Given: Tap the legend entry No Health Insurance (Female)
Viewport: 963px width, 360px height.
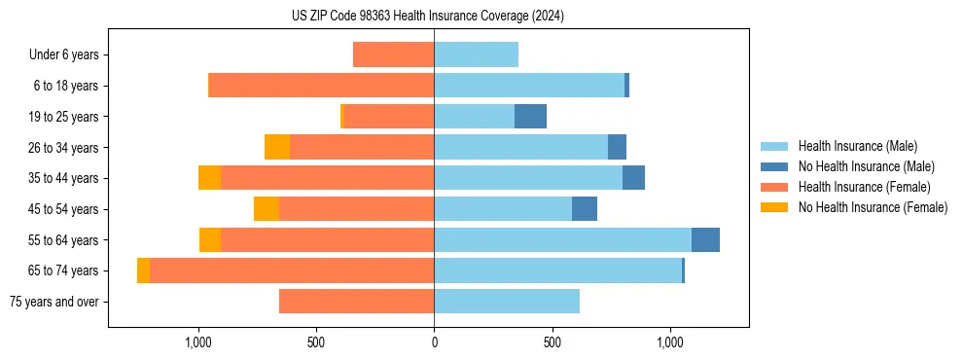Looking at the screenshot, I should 873,207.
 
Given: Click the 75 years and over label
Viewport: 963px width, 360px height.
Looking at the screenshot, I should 54,302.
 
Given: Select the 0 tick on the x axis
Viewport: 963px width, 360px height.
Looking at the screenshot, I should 434,343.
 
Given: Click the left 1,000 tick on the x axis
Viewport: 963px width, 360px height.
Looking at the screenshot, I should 198,343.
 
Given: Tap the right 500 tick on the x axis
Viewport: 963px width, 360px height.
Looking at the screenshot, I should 552,343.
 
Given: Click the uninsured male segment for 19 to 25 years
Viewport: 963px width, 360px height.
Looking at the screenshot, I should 530,117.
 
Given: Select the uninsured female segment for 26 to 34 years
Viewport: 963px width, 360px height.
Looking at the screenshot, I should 277,147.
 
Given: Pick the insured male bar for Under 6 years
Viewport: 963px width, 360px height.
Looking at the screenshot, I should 476,54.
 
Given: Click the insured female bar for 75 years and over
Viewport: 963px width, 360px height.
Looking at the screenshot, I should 356,302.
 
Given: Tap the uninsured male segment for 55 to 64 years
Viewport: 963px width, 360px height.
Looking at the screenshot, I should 705,239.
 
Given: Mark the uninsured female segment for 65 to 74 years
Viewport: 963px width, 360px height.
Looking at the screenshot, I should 143,270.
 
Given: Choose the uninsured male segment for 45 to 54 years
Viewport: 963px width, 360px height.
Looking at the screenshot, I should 584,209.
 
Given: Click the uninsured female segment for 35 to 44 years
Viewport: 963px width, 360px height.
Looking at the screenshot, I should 209,178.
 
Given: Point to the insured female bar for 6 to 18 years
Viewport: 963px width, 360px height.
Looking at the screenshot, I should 321,86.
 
